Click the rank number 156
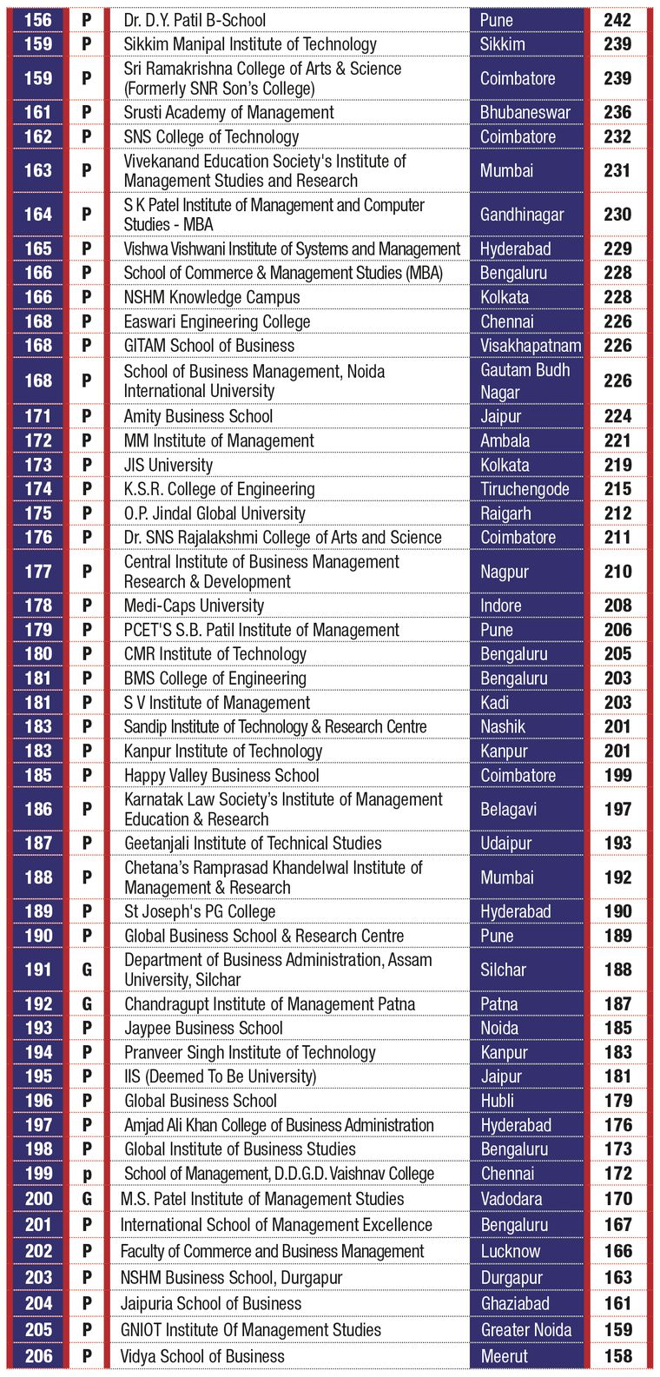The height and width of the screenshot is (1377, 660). tap(38, 20)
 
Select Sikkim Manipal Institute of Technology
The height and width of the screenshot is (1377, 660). tap(250, 44)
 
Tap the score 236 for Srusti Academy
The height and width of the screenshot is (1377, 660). tap(617, 112)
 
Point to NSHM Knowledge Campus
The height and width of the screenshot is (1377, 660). tap(212, 297)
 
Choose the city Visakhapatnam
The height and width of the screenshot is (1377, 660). tap(531, 346)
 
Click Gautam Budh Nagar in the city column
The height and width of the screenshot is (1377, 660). tap(525, 381)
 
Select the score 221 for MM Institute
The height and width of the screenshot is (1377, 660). tap(617, 440)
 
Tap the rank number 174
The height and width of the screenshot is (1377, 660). tap(38, 489)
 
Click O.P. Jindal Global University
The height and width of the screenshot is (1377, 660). tap(214, 513)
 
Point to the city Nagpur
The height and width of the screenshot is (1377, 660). tap(505, 573)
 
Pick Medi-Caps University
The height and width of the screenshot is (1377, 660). tap(195, 606)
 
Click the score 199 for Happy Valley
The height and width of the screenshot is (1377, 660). tap(617, 775)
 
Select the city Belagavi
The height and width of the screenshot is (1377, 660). tap(508, 810)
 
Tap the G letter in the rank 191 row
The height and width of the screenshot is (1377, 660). tap(87, 970)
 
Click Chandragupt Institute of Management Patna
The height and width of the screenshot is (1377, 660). tap(270, 1003)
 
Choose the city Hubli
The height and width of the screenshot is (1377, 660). tap(497, 1101)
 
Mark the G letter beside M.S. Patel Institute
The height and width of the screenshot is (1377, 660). tap(87, 1198)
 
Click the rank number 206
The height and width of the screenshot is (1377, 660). tap(39, 1355)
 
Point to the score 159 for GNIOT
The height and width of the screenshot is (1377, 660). tap(618, 1330)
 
